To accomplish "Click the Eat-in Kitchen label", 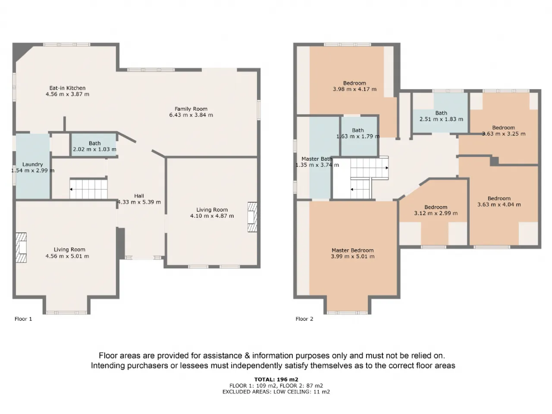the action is coord(67,88).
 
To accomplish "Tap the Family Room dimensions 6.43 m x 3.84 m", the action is coord(191,115).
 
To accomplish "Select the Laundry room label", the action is coord(32,164).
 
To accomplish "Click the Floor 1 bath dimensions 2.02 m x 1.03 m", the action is coord(94,149).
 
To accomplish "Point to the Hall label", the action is coord(139,196).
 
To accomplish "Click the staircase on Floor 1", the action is coord(88,189).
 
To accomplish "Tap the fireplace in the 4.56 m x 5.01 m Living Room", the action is coord(21,248).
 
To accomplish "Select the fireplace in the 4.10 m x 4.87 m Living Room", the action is coord(252,217).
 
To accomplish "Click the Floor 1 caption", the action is coord(23,319).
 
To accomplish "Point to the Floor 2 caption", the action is coord(304,319).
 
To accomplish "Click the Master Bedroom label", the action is coord(353,251).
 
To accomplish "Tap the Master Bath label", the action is coord(317,159).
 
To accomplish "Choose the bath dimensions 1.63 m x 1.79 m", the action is coord(358,137).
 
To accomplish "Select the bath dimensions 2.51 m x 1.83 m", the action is coord(441,119).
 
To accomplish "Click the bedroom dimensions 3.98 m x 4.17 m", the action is coord(354,89).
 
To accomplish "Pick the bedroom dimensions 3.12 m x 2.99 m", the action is coord(436,213).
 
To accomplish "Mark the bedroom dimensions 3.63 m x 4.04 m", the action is coord(499,204).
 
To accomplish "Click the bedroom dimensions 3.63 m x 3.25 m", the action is coord(503,134).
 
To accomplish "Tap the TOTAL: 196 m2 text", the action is coord(276,379).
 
